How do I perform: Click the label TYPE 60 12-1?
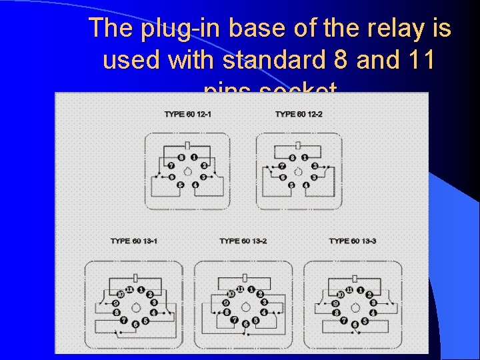click(188, 114)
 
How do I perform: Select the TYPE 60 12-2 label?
click(299, 114)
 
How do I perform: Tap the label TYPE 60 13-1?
click(134, 241)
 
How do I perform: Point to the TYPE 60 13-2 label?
click(243, 241)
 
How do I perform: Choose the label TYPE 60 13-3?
click(353, 241)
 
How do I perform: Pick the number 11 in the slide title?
click(418, 60)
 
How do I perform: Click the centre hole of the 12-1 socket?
click(188, 171)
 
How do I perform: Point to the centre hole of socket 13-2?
click(244, 306)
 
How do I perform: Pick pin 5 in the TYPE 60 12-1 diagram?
click(181, 185)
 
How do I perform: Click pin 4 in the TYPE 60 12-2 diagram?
click(305, 185)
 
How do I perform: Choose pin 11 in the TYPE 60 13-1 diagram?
click(129, 289)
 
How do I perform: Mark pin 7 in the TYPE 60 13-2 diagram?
click(234, 319)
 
